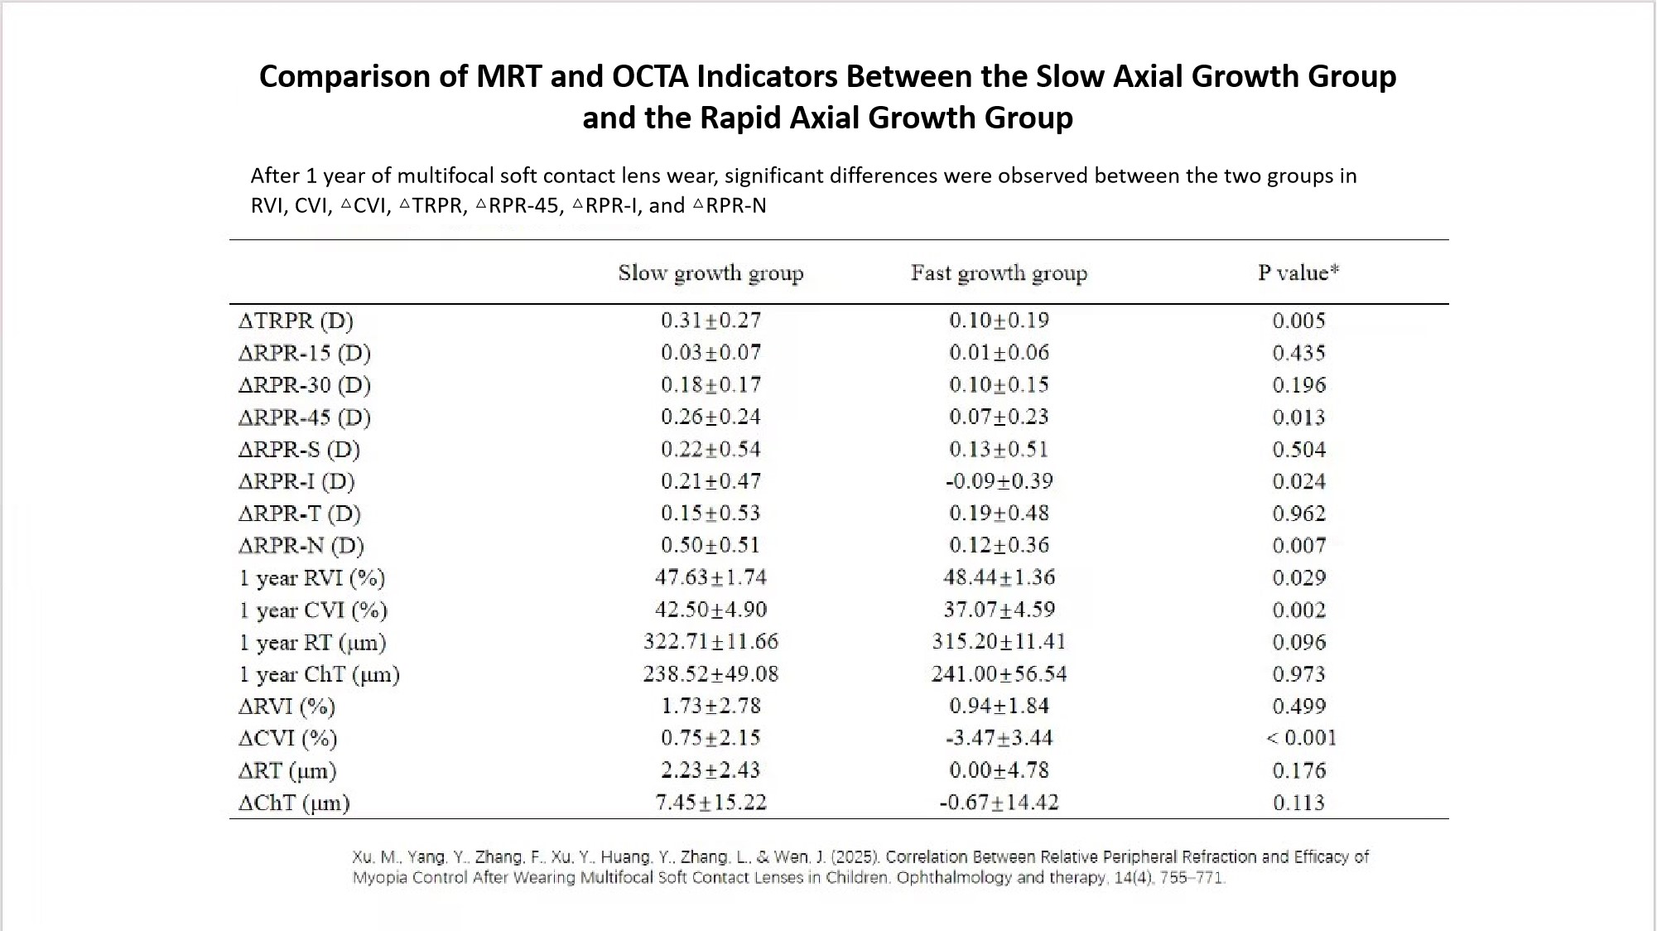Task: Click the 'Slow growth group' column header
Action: click(x=710, y=273)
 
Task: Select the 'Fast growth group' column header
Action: click(x=999, y=273)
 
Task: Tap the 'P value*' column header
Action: click(x=1298, y=273)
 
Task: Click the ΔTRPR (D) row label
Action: click(x=296, y=321)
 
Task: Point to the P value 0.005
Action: click(x=1298, y=321)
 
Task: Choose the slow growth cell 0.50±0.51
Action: click(x=710, y=545)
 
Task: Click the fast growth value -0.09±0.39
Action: click(x=999, y=481)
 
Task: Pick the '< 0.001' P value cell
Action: click(x=1301, y=738)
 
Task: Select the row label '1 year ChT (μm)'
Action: click(x=320, y=674)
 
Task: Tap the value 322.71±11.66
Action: click(x=710, y=642)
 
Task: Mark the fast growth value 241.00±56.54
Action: click(x=999, y=674)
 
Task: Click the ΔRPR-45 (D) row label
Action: click(x=304, y=417)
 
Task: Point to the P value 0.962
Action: click(x=1298, y=514)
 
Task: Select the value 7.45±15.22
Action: click(x=710, y=803)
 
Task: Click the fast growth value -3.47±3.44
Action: click(x=999, y=738)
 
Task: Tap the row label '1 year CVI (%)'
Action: click(x=313, y=610)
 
